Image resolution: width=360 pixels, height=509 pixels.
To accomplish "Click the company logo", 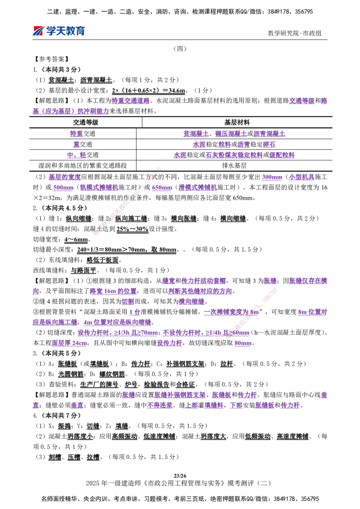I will click(58, 31).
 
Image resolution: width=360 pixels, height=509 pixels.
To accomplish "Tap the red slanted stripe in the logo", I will click(38, 31).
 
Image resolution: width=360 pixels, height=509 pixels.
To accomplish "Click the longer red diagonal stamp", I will click(127, 201).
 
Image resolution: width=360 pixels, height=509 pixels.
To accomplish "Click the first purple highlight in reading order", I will click(130, 100).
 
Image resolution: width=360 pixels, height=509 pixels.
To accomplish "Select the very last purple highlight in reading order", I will click(291, 406).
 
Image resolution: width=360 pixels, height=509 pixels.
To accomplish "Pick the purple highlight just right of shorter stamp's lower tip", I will click(243, 344).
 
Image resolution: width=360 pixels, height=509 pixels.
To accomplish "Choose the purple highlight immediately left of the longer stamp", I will click(99, 188).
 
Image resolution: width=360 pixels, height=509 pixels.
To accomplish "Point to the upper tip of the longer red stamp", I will click(159, 169).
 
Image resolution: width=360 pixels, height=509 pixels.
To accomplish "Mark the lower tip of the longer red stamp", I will click(95, 234).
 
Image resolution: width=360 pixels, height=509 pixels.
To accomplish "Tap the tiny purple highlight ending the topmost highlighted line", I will click(324, 100).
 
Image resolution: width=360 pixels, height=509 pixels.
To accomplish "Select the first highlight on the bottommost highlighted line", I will click(36, 406).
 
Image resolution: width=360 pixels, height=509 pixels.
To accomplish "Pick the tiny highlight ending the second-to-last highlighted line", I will click(324, 395).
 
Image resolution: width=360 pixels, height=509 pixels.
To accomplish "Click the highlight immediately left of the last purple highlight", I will click(265, 406).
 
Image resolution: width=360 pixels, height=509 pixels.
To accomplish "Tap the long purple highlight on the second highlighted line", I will click(71, 111).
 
